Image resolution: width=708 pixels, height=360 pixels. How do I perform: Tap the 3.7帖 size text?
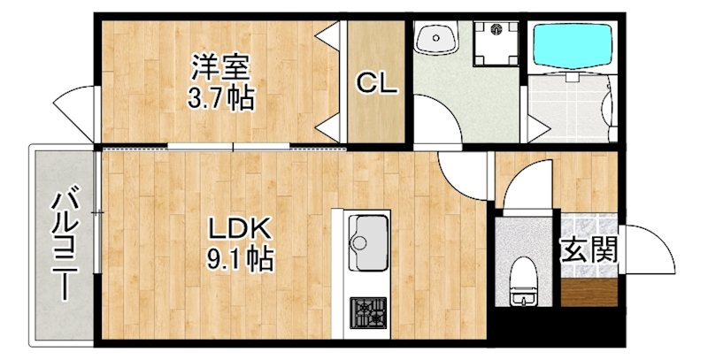click(220, 96)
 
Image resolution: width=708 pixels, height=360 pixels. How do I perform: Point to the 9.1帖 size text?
click(240, 259)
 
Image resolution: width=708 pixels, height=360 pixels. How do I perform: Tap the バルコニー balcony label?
click(64, 246)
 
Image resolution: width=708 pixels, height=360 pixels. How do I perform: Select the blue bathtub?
click(571, 48)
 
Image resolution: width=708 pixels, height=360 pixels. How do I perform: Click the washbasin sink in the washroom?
click(437, 39)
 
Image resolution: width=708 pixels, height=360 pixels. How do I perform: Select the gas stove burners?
click(365, 312)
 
